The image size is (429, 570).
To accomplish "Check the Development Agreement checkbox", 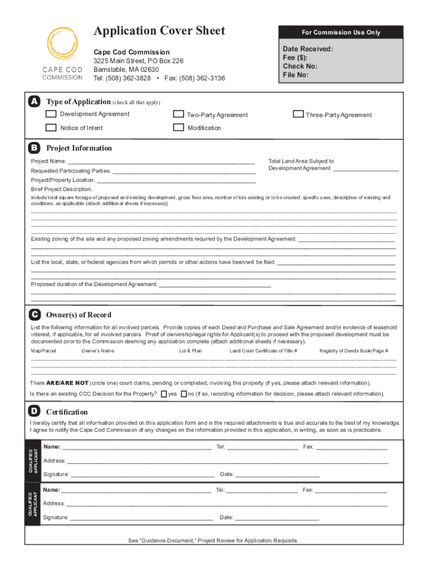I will (51, 114).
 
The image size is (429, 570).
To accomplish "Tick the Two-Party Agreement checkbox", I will (178, 115).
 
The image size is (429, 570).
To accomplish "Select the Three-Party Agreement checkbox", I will (298, 115).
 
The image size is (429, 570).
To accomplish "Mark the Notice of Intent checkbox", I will (51, 127).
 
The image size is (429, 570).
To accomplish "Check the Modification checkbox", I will (178, 127).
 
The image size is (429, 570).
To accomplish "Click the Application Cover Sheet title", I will (159, 31).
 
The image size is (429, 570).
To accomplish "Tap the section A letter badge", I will (35, 101).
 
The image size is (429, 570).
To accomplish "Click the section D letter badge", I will (35, 411).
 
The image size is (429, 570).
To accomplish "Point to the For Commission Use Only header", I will (341, 32).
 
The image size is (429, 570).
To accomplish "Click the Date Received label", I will (308, 49).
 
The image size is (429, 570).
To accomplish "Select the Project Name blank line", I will (161, 162).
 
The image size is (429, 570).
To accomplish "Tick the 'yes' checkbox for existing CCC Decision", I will (164, 394).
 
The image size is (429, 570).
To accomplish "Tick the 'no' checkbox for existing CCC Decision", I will (184, 394).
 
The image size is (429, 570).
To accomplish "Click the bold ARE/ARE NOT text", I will (67, 383).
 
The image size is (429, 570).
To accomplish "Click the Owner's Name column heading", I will (97, 351).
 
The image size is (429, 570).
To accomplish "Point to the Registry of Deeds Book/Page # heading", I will (354, 351).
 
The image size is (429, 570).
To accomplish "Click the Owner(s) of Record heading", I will (79, 315).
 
